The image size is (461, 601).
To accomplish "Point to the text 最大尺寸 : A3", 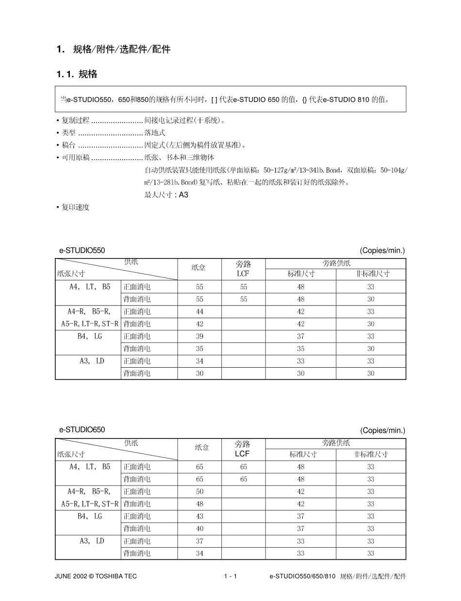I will pyautogui.click(x=166, y=195).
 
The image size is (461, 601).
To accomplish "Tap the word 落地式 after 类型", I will pyautogui.click(x=155, y=132).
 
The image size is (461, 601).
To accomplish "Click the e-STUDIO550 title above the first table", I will pyautogui.click(x=82, y=250).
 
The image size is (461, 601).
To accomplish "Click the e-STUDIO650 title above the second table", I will pyautogui.click(x=82, y=430).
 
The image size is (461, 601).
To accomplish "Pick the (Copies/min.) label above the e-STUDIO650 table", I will pyautogui.click(x=382, y=430).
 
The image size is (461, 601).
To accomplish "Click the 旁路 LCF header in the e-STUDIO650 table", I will pyautogui.click(x=243, y=449).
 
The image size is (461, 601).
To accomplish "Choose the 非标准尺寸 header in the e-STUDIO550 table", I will pyautogui.click(x=371, y=274).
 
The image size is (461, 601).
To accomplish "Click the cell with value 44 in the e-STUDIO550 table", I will pyautogui.click(x=199, y=311).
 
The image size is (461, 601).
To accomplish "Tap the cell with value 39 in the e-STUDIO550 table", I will pyautogui.click(x=199, y=336).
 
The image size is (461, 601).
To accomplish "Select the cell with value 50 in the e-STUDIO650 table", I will pyautogui.click(x=199, y=491).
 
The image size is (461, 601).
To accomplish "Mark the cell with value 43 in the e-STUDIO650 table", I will pyautogui.click(x=199, y=516).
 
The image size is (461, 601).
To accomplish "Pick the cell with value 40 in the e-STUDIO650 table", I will pyautogui.click(x=199, y=528).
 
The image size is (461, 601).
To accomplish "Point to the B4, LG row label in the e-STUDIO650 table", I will pyautogui.click(x=89, y=516).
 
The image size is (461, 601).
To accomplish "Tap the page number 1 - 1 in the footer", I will pyautogui.click(x=230, y=576).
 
